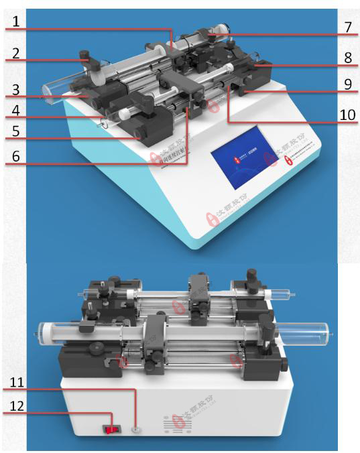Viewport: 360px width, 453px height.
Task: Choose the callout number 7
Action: click(348, 28)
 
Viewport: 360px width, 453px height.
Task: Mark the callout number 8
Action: click(348, 58)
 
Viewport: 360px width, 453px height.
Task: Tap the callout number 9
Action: click(348, 85)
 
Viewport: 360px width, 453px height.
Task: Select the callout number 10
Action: click(347, 115)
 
